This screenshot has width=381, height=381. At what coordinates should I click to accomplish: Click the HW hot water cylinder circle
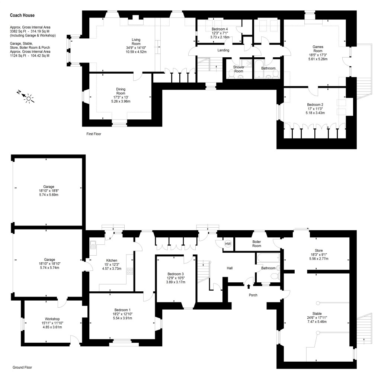pos(228,244)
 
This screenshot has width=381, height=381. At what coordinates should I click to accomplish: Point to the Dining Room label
pos(121,92)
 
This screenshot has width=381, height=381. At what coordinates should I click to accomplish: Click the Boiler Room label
pos(257,244)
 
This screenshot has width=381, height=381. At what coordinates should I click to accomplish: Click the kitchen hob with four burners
pos(130,271)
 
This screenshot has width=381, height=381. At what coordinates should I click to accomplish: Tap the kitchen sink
pos(93,244)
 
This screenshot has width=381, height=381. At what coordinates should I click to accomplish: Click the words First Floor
pos(93,134)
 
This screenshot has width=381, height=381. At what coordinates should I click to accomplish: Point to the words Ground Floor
pos(22,367)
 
